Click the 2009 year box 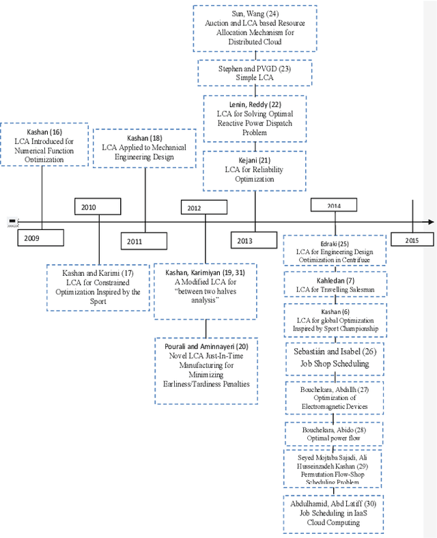[x=40, y=238]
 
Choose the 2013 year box [x=254, y=240]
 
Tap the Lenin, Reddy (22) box [x=254, y=118]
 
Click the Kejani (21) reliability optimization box [x=254, y=169]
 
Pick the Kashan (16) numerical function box [x=46, y=144]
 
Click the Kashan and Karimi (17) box [x=98, y=287]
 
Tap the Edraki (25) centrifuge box [x=335, y=252]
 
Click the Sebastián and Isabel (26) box [x=335, y=358]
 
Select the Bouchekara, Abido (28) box [x=335, y=435]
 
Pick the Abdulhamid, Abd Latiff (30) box [x=335, y=512]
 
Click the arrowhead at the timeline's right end [x=429, y=222]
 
